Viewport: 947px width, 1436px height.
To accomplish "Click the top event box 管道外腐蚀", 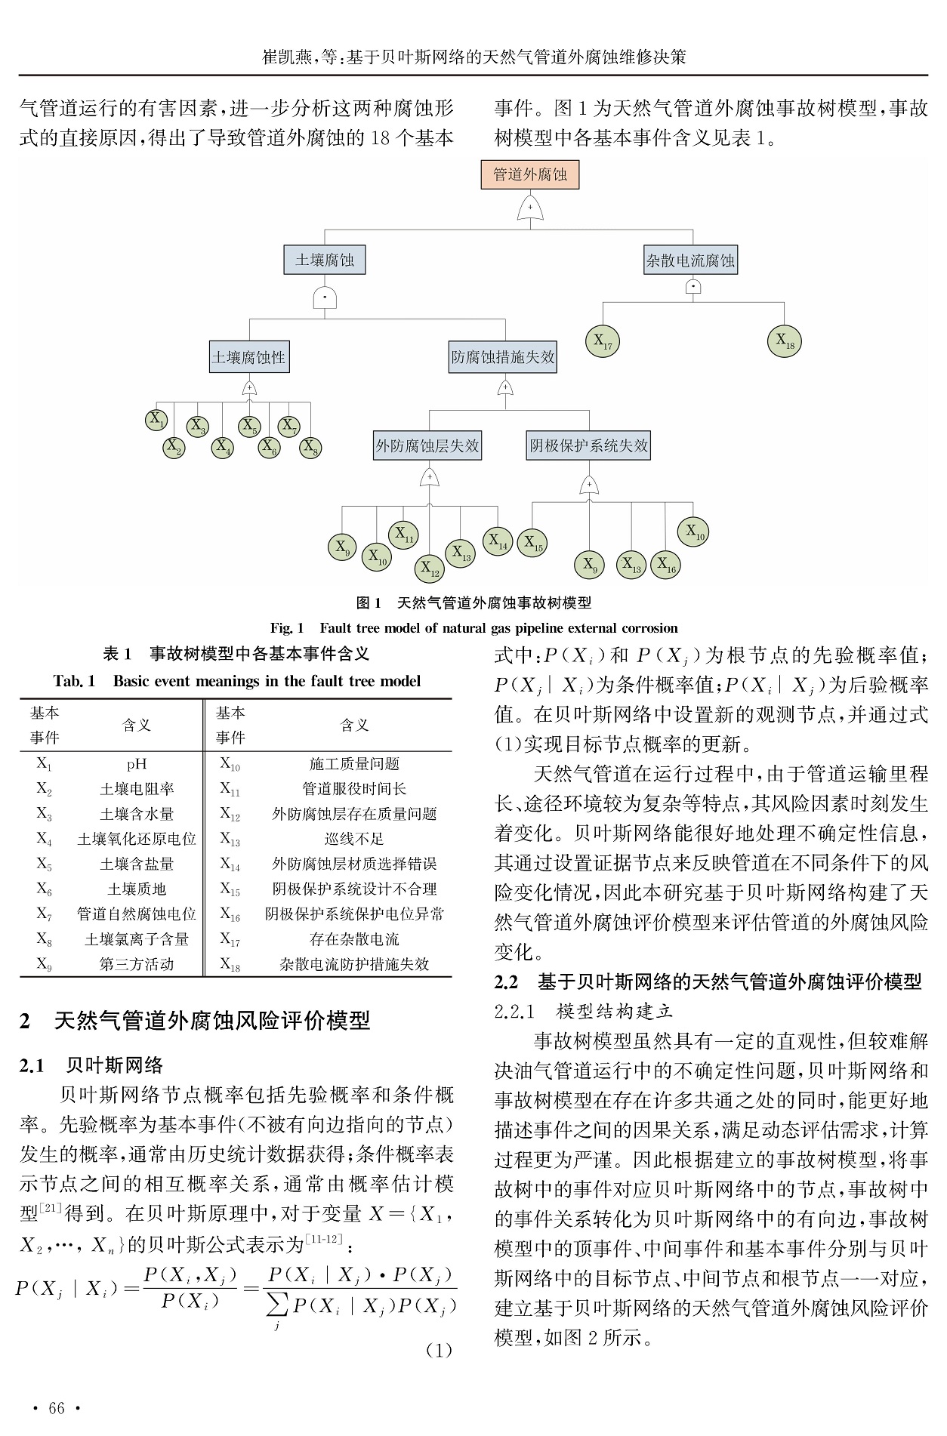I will coord(529,175).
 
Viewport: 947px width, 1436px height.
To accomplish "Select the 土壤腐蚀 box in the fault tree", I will coord(324,260).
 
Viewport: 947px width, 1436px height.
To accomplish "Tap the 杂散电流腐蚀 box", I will coord(690,261).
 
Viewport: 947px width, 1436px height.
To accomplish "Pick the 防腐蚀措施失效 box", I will coord(503,357).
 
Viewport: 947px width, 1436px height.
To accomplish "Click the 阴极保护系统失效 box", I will coord(588,445).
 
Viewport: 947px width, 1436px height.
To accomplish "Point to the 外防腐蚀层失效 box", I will coord(427,445).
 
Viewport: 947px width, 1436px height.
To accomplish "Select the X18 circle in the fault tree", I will coord(785,341).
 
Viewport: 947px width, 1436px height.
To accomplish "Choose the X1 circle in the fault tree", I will coord(157,421).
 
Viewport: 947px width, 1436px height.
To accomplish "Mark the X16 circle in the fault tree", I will coord(665,564).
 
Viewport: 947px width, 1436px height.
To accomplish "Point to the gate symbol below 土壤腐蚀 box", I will coord(324,297).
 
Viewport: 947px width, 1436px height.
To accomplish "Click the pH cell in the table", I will coord(137,764).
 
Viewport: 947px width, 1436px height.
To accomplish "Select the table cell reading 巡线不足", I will coord(354,839).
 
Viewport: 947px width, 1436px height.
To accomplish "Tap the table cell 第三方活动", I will coord(137,964).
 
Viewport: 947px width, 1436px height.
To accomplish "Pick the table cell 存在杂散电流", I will coord(354,939).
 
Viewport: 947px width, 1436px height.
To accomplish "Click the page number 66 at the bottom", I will coord(57,1408).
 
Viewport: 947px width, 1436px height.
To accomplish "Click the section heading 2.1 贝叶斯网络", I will coord(91,1065).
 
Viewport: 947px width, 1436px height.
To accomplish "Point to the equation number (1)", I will coord(438,1350).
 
